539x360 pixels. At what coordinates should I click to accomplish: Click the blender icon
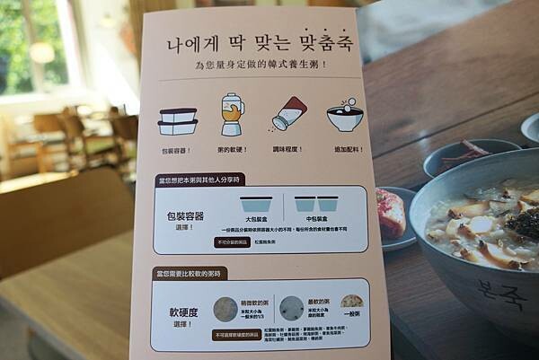coord(232,114)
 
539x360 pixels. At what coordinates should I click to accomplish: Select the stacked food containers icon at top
coord(178,120)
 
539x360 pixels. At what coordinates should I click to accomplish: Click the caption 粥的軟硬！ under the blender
coord(232,150)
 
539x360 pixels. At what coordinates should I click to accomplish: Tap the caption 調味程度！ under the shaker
coord(287,150)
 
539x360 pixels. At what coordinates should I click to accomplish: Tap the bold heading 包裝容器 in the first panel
coord(181,216)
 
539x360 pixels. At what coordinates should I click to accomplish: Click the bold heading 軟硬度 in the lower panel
coord(182,313)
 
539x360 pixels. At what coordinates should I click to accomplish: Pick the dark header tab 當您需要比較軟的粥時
coord(192,272)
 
